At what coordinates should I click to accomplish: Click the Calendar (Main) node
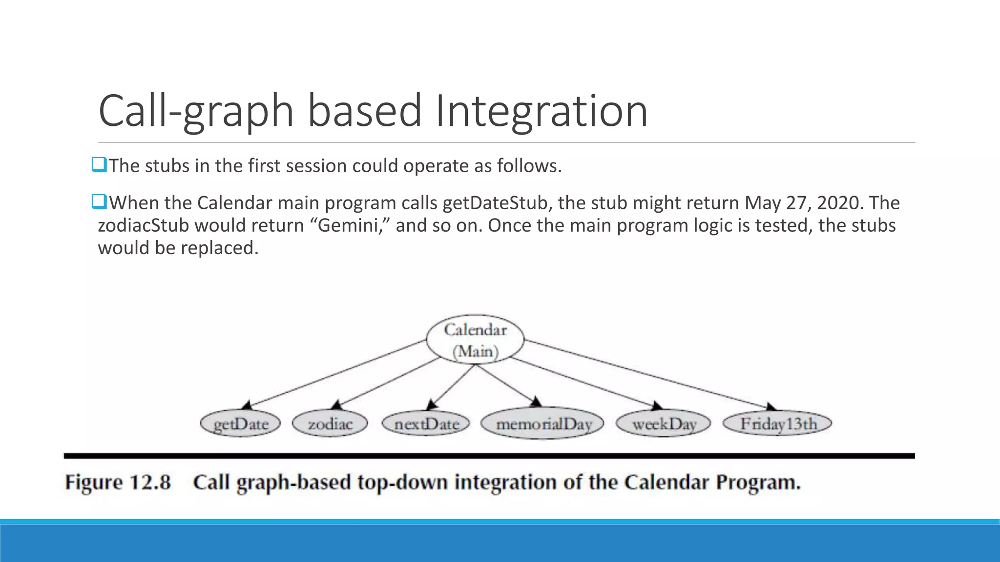(x=475, y=340)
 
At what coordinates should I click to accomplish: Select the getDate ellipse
(x=241, y=423)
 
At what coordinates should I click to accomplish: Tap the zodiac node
(x=330, y=423)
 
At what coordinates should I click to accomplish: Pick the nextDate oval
(x=426, y=423)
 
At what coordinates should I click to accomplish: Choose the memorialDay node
(x=543, y=423)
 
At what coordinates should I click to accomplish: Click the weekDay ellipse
(x=664, y=423)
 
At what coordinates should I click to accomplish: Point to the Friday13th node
(x=778, y=423)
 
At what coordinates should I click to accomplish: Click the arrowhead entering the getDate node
(x=247, y=405)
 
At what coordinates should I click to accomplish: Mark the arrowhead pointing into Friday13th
(x=771, y=407)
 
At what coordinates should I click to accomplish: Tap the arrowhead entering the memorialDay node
(x=536, y=402)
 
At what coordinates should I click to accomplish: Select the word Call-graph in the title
(x=195, y=111)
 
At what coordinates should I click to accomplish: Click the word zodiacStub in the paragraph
(x=143, y=225)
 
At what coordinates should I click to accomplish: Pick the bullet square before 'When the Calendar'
(x=99, y=201)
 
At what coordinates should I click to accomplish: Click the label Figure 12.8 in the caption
(x=118, y=482)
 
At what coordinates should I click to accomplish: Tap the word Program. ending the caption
(x=758, y=482)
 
